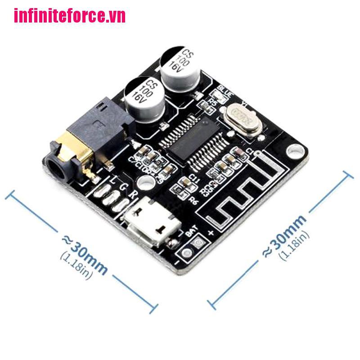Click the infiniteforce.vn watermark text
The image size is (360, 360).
tap(70, 17)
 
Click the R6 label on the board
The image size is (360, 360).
tap(194, 200)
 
